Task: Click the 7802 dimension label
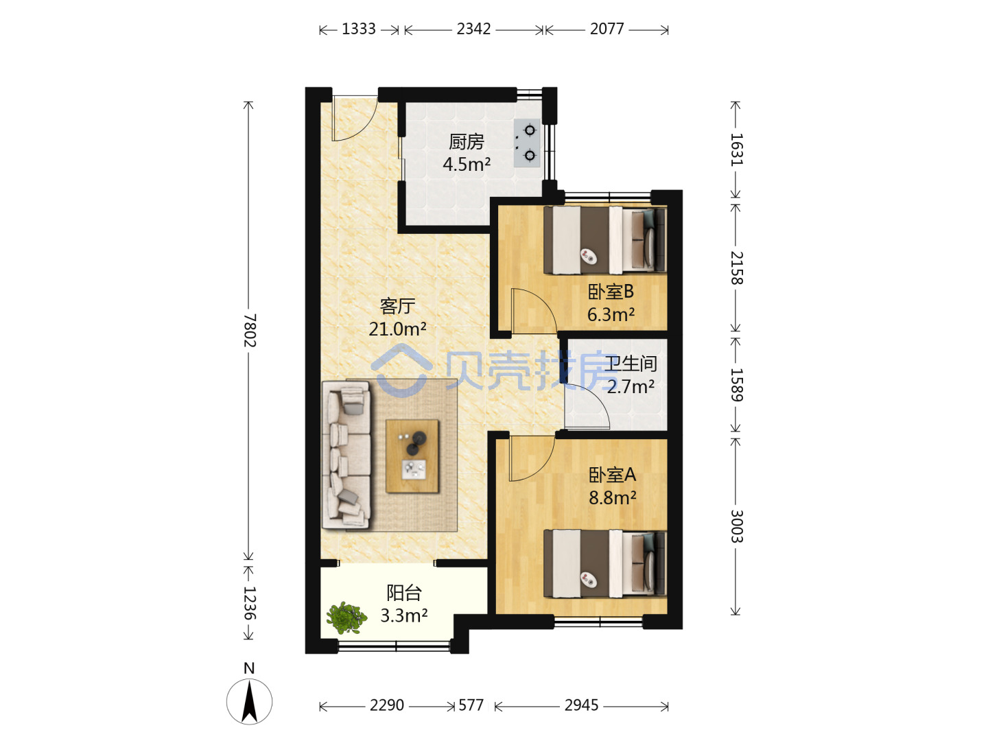tap(250, 330)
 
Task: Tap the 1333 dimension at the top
tap(358, 30)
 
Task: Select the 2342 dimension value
tap(473, 30)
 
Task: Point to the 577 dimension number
tap(471, 705)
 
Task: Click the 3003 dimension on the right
tap(736, 526)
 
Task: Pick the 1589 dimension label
tap(736, 385)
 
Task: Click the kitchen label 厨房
tap(467, 142)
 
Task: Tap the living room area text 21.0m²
tap(397, 329)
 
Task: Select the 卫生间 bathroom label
tap(631, 364)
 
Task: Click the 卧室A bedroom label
tap(612, 475)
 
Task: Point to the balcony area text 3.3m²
tap(403, 615)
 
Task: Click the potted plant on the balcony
tap(346, 617)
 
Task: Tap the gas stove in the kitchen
tap(527, 143)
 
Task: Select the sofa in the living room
tap(346, 455)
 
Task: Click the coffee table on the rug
tap(412, 456)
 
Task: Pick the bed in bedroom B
tap(604, 240)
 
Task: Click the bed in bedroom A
tap(604, 564)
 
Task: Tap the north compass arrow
tap(249, 702)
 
